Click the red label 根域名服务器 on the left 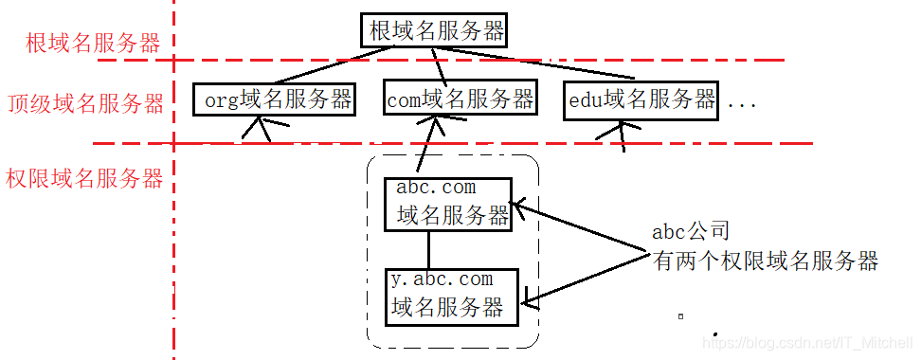point(93,44)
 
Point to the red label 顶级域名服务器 point(86,103)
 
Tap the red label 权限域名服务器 point(84,178)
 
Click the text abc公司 point(691,231)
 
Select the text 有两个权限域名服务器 point(765,260)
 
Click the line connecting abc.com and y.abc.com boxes point(429,249)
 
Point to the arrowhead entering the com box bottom point(433,122)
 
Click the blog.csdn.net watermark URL point(810,341)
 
